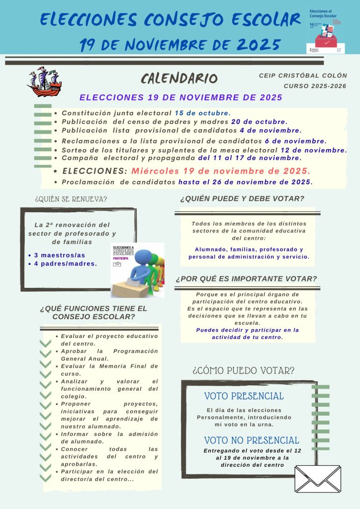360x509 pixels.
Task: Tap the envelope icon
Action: (317, 479)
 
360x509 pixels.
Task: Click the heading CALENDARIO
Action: (179, 78)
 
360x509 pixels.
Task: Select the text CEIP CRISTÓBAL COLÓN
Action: (303, 76)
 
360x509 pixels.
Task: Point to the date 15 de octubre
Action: (202, 113)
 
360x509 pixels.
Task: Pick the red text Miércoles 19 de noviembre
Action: (221, 170)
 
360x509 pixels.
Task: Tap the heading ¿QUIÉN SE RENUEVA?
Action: (71, 199)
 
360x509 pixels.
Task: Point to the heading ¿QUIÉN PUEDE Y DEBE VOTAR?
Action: (242, 199)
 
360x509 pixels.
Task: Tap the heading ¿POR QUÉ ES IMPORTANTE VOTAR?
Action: (246, 279)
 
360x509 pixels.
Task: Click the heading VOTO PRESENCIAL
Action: (244, 396)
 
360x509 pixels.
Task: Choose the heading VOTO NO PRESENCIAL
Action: (252, 440)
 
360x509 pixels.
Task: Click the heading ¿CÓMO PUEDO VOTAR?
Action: (243, 370)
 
